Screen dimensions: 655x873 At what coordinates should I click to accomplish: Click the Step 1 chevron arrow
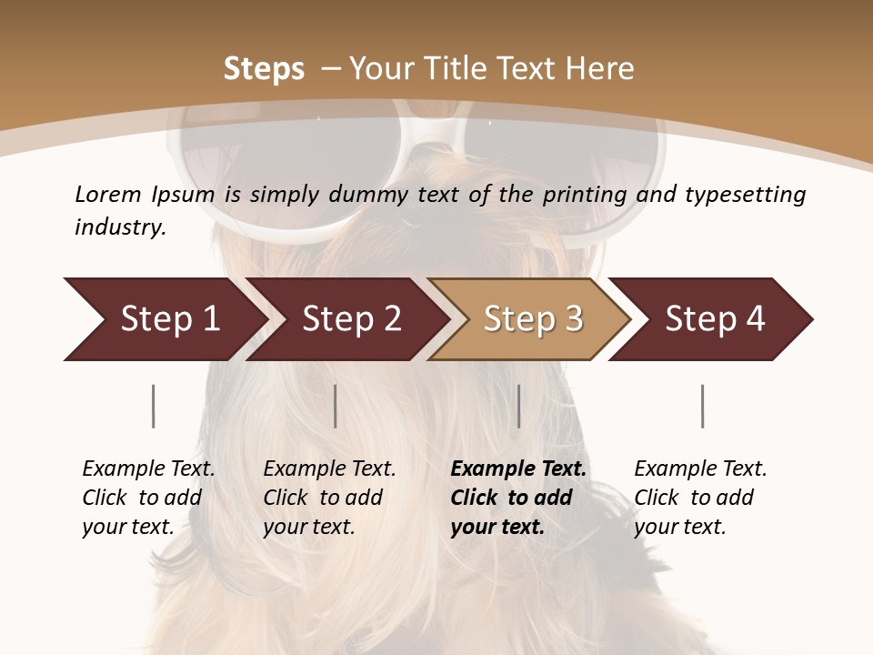tap(168, 319)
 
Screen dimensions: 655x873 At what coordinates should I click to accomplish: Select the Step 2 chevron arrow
tap(350, 319)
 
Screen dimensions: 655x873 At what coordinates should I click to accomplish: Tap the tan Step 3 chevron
tap(532, 319)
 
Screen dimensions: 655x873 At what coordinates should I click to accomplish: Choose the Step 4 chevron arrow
tap(714, 319)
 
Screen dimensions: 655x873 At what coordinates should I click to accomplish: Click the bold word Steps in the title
tap(264, 69)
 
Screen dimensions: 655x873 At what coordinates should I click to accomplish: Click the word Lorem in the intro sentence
tap(108, 195)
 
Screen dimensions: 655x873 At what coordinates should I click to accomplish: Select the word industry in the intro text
tap(120, 227)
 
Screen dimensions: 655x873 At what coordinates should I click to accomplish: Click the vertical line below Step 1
tap(154, 406)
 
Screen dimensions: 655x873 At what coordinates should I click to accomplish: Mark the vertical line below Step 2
tap(336, 406)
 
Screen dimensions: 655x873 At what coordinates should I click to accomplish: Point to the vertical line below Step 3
tap(519, 406)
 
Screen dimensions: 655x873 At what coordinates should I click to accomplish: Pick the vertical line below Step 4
tap(703, 406)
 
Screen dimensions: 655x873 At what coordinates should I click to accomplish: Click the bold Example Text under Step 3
tap(518, 469)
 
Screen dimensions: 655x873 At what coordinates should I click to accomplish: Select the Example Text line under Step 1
tap(148, 469)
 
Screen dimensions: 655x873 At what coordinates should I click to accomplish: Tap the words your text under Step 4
tap(679, 528)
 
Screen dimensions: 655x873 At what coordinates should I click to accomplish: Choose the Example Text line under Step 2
tap(329, 469)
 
